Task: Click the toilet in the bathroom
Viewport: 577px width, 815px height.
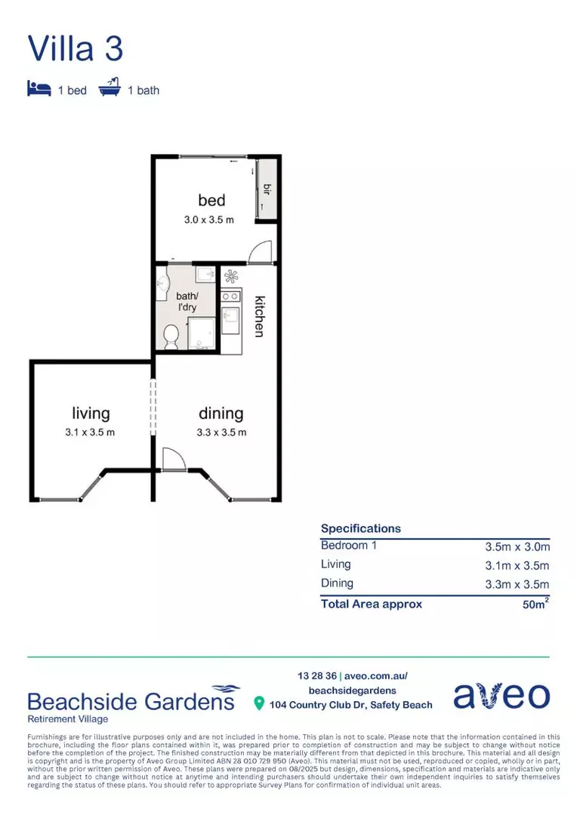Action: tap(171, 334)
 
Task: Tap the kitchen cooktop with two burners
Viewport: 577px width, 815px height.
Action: tap(231, 295)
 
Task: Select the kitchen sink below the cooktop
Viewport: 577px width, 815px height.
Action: tap(230, 316)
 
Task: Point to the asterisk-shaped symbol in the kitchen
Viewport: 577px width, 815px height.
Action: tap(230, 277)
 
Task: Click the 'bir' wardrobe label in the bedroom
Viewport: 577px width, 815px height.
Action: tap(267, 188)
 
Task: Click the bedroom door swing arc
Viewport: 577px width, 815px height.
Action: tap(259, 251)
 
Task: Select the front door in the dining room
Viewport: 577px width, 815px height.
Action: tap(171, 458)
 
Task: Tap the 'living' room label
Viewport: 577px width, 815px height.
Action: tap(91, 413)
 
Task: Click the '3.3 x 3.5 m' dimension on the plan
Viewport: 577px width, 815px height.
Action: tap(221, 432)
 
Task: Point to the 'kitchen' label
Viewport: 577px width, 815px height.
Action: tap(259, 315)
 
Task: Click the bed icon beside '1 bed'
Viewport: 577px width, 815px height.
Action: tap(39, 89)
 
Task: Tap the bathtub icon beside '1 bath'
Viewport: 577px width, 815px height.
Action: tap(110, 89)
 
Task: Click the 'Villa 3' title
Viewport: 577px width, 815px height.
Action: tap(75, 48)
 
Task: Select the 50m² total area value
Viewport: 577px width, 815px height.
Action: tap(535, 604)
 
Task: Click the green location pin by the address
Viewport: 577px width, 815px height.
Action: tap(260, 704)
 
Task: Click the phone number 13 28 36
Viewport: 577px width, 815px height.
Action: tap(316, 675)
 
